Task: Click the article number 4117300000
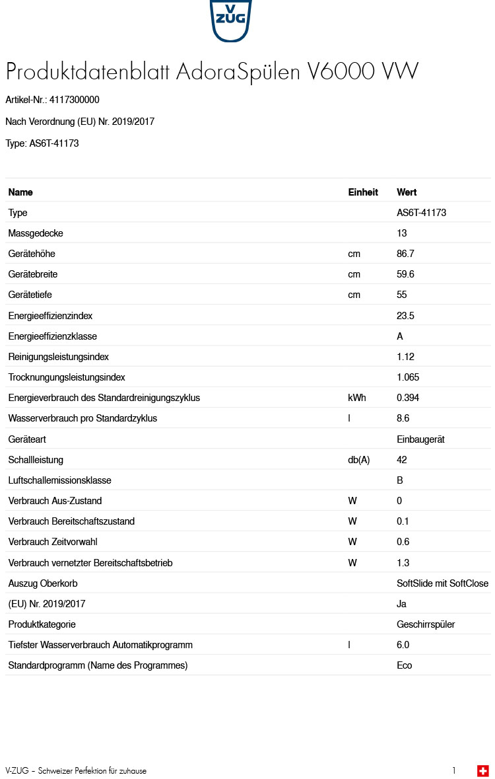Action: tap(74, 100)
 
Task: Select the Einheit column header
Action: tap(363, 192)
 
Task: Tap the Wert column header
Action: tap(407, 192)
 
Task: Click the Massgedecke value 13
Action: tap(402, 233)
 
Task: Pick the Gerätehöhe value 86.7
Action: tap(405, 254)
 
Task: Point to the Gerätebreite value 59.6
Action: tap(405, 274)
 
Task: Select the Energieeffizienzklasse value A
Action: tap(400, 336)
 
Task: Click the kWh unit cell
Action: tap(357, 398)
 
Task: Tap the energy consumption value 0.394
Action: tap(408, 398)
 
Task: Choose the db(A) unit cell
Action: tap(359, 460)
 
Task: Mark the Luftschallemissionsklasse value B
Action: tap(400, 480)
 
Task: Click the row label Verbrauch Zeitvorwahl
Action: tap(53, 542)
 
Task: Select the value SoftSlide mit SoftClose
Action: tap(442, 583)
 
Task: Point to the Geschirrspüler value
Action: tap(426, 624)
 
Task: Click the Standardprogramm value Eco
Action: tap(404, 665)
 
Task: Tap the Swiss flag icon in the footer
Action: tap(483, 770)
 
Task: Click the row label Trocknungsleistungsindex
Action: tap(67, 377)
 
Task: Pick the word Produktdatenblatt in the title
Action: tap(88, 71)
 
